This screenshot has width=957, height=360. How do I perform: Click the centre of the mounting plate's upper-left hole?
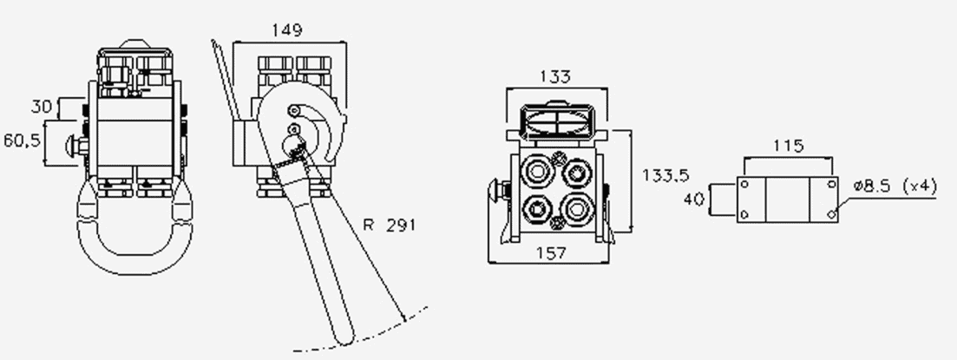(744, 184)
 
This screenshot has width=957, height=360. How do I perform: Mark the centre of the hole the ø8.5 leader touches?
(830, 214)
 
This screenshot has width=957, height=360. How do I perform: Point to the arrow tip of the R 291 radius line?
(404, 320)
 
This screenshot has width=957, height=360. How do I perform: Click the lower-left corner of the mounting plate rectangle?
(737, 222)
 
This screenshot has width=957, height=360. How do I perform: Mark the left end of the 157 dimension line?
(488, 263)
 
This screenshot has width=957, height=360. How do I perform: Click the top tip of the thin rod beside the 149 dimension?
(213, 40)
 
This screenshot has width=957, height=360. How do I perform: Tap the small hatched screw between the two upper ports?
(557, 160)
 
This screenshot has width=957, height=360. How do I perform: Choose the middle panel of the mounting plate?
(787, 200)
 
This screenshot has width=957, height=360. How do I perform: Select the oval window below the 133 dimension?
(557, 120)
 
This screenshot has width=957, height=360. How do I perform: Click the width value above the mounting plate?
(789, 147)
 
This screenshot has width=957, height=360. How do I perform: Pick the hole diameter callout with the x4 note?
(895, 187)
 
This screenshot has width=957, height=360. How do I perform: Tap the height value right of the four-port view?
(665, 176)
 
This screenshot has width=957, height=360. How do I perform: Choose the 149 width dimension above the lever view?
(287, 29)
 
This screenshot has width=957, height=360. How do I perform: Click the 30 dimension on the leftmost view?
(43, 107)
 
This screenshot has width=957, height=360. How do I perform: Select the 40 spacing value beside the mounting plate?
(693, 200)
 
